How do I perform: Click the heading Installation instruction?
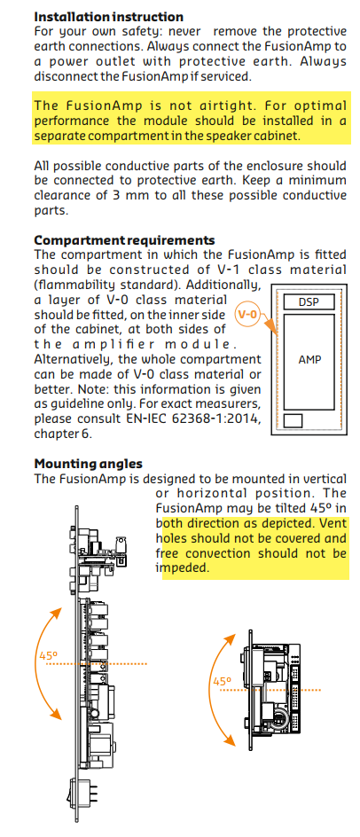click(x=109, y=17)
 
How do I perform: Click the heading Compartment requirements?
click(x=124, y=240)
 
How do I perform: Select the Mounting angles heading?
click(x=88, y=464)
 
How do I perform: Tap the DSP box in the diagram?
click(x=309, y=301)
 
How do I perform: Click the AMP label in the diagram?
click(x=309, y=360)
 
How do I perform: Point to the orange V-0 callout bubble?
click(x=247, y=315)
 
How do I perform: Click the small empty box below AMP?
click(x=293, y=420)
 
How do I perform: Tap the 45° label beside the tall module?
click(x=48, y=655)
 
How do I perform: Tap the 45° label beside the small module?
click(x=223, y=682)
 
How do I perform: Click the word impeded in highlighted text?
click(x=181, y=569)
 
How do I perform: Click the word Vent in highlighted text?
click(x=333, y=523)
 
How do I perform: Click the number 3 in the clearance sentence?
click(x=116, y=195)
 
